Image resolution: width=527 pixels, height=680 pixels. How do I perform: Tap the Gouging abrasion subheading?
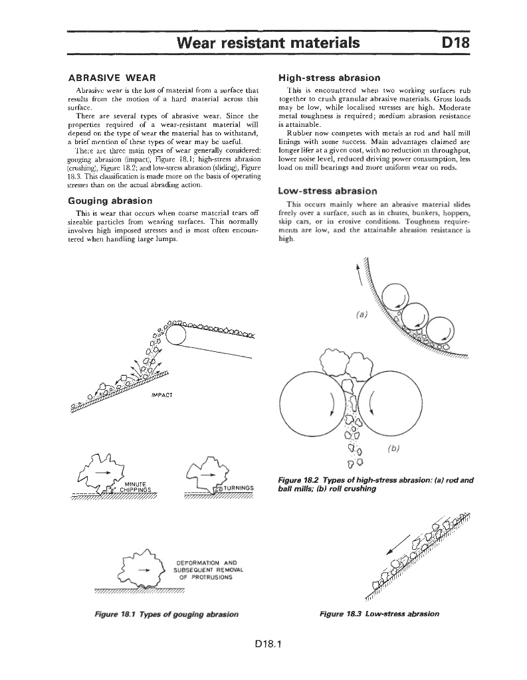(x=110, y=200)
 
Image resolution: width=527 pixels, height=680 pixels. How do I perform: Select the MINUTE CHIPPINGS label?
(x=140, y=487)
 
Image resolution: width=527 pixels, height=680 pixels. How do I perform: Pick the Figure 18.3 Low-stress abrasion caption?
(x=379, y=614)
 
